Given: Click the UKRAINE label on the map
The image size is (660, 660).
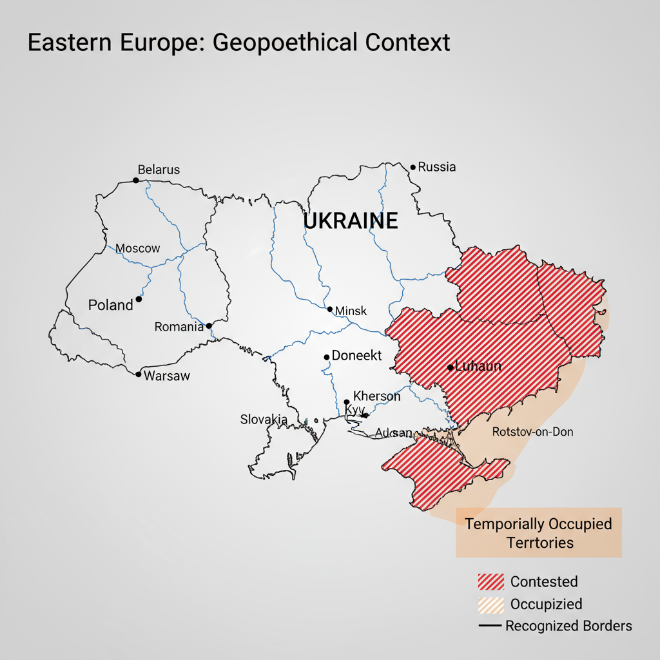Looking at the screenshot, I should coord(350,221).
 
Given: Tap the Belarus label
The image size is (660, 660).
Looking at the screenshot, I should coord(159,170).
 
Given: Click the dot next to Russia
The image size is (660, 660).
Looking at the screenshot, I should coord(413,167).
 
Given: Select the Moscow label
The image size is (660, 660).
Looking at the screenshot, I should coord(137,248).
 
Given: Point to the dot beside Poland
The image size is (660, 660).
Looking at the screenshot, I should coord(139,299).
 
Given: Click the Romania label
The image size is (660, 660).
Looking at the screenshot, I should coord(179,327).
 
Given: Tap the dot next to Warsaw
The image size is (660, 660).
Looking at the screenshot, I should coord(138,374).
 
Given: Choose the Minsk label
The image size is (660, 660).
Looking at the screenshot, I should coord(351,311).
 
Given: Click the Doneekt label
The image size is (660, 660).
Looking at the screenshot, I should coord(356,355).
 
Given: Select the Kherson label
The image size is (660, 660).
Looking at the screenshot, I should coord(377,396).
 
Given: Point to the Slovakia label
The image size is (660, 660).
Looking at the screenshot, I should coord(264,419).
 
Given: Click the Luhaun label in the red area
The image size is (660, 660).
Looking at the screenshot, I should coord(478,367).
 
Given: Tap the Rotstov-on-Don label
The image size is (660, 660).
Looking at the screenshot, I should coord(532,432).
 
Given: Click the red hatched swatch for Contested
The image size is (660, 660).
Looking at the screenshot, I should coord(490,581).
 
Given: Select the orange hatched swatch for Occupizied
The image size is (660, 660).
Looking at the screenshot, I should coord(490,605).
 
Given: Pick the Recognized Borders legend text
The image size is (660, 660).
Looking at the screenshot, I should coord(568,626).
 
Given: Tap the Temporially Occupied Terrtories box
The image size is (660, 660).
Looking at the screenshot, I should coord(538,532).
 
